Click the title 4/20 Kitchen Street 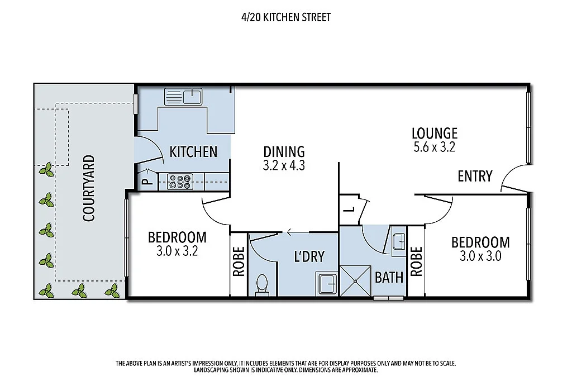click(285, 17)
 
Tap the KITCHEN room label click(193, 151)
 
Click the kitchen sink click(183, 97)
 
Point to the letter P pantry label click(145, 182)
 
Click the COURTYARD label click(88, 188)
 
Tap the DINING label click(284, 151)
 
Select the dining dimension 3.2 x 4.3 click(284, 165)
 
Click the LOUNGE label click(434, 134)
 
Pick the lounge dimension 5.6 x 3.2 click(434, 147)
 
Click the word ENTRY click(474, 177)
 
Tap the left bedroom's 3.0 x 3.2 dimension click(177, 251)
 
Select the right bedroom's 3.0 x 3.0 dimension click(480, 256)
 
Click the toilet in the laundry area click(261, 285)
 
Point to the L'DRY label click(309, 256)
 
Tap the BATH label click(389, 277)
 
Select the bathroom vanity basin click(398, 242)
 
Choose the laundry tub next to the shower click(327, 283)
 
